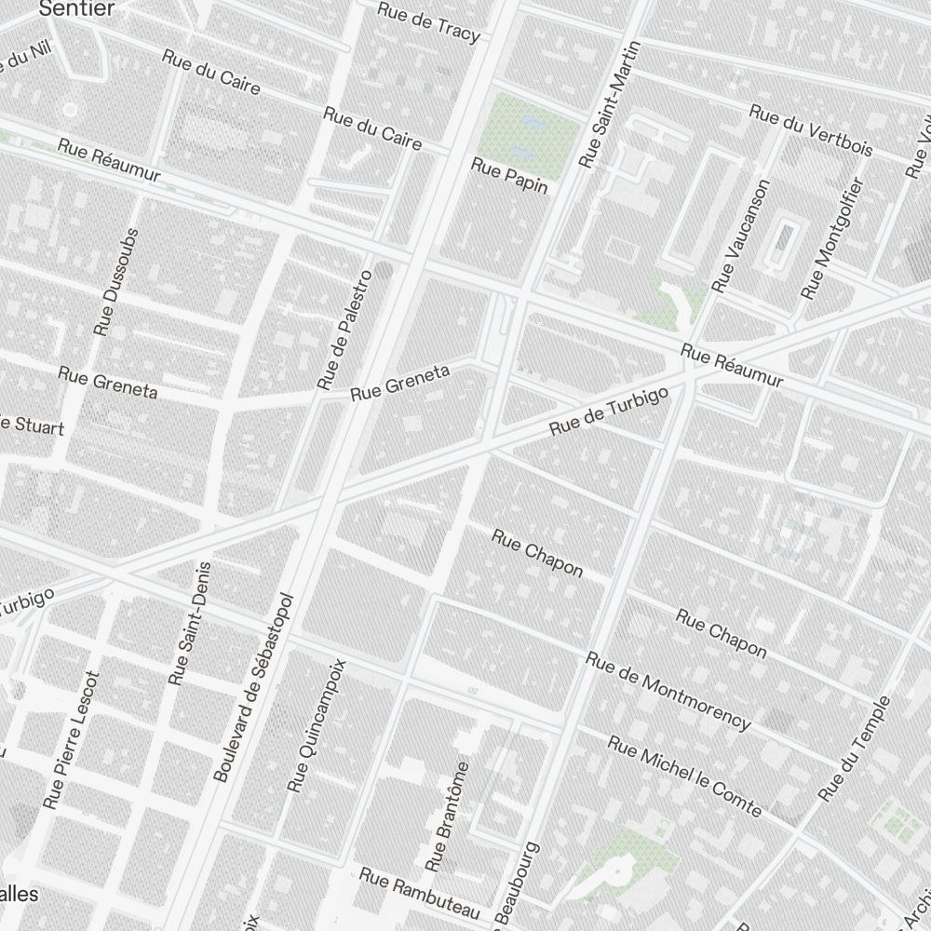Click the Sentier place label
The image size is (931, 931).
(x=77, y=9)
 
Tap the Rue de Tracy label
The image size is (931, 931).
(x=429, y=22)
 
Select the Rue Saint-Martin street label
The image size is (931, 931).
(x=606, y=105)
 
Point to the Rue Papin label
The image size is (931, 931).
(x=510, y=176)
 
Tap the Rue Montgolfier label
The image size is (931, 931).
(x=833, y=238)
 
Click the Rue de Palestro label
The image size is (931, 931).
(x=344, y=329)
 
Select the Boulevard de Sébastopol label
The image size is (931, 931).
(x=253, y=686)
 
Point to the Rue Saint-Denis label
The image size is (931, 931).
(x=191, y=624)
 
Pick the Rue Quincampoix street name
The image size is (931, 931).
(x=317, y=725)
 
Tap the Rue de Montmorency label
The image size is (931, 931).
(x=668, y=690)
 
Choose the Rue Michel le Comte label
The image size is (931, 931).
(x=684, y=776)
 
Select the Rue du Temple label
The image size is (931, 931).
(x=855, y=749)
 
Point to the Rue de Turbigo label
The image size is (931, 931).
(x=610, y=412)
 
